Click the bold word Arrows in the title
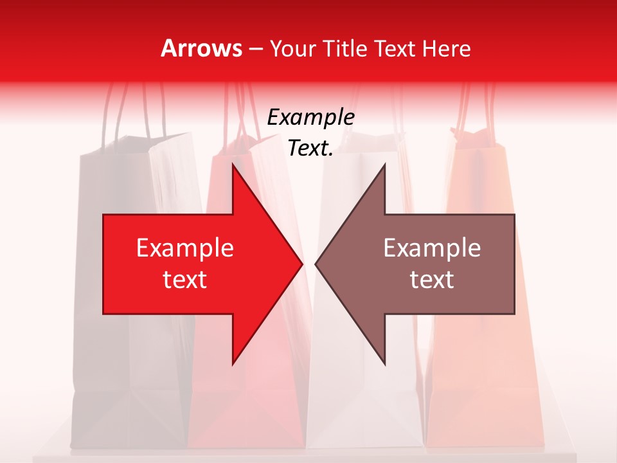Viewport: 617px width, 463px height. [201, 49]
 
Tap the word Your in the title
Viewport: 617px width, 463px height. [293, 49]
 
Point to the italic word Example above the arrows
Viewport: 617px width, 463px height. [310, 118]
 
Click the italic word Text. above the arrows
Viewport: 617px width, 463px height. [310, 149]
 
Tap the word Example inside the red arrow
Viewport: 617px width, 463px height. [185, 248]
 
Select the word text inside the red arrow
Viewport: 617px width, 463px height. [185, 280]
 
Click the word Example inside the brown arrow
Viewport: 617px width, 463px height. [432, 248]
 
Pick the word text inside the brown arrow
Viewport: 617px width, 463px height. [432, 280]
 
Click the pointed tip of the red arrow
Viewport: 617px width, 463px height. [301, 264]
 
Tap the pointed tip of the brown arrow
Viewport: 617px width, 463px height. [316, 264]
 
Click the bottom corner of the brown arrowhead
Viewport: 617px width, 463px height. [384, 363]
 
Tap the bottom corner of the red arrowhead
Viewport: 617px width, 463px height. [233, 363]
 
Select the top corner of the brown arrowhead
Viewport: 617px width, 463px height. [384, 165]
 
